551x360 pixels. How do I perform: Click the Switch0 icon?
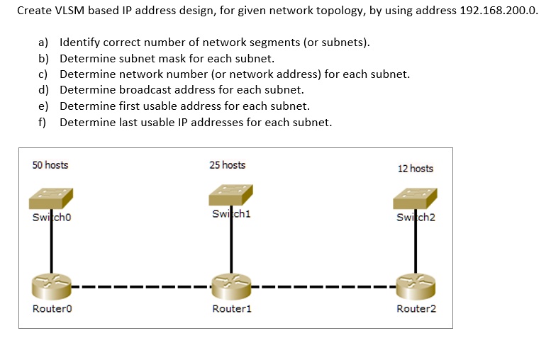(51, 198)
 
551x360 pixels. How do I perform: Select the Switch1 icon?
(230, 195)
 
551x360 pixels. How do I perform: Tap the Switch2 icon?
(415, 198)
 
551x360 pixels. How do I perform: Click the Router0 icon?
(51, 286)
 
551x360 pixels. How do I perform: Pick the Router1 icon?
(231, 286)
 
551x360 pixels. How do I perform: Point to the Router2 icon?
(416, 286)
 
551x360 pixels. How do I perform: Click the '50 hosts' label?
(50, 165)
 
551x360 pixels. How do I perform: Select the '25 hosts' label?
(228, 165)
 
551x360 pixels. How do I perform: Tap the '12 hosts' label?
(416, 169)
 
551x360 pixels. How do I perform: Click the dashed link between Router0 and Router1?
(142, 287)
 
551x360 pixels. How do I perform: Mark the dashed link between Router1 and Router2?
(323, 287)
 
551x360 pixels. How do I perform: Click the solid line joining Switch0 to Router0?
(51, 241)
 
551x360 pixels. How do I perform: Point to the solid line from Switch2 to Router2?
(416, 241)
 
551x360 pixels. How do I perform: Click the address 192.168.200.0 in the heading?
(499, 11)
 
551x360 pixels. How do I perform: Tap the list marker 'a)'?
(43, 43)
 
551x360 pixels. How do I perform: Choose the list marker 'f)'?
(42, 123)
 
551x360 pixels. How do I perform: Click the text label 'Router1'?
(232, 309)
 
